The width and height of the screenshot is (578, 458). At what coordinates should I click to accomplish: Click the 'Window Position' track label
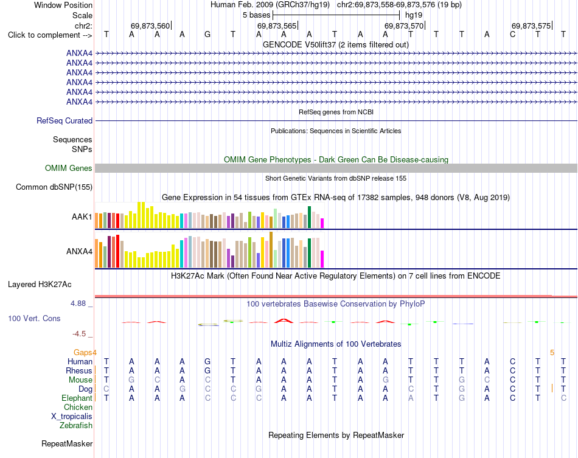tap(63, 5)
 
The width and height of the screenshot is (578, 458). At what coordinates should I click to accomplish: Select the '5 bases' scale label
tap(256, 15)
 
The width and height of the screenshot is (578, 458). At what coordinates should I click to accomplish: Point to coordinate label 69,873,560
tap(150, 26)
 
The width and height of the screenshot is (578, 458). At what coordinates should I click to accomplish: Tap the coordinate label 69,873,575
tap(531, 26)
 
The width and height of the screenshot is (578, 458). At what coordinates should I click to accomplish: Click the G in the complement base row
tap(207, 35)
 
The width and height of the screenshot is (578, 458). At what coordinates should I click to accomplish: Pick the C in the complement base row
tap(512, 35)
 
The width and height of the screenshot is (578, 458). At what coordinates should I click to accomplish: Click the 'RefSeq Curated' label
tap(64, 121)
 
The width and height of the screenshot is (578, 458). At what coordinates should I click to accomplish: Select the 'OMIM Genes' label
tap(69, 168)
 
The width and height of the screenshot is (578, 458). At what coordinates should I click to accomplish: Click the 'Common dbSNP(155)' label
tap(54, 187)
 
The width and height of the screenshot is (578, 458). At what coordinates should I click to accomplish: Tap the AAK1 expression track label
tap(82, 217)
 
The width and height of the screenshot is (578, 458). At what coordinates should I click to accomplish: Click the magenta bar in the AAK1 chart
tap(322, 223)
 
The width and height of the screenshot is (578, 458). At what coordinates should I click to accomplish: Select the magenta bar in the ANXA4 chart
tap(322, 259)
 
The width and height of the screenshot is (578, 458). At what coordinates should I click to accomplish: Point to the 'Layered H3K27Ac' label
tap(40, 285)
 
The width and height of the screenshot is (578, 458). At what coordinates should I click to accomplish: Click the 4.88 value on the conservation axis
tap(78, 304)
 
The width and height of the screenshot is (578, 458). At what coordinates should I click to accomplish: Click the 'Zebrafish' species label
tap(76, 426)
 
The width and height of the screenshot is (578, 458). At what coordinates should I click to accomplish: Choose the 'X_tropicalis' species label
tap(72, 417)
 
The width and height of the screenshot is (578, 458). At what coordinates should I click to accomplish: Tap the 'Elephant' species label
tap(77, 398)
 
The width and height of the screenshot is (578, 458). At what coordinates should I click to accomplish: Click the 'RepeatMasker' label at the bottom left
tap(67, 443)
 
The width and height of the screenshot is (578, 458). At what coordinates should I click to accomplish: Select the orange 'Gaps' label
tap(83, 353)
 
